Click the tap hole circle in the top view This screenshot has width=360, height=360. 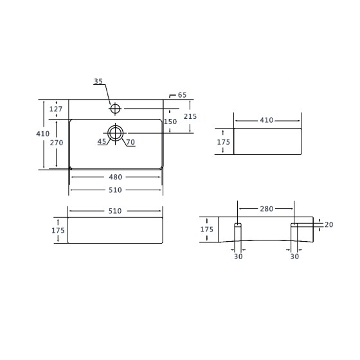coord(115,104)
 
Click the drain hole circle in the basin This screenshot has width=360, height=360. coord(115,126)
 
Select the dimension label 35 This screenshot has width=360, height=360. coord(98,81)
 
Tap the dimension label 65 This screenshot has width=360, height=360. coord(183,95)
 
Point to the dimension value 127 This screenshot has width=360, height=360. coord(56,109)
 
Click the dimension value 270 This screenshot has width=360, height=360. coord(57,143)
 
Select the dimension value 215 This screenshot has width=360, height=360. coord(190,116)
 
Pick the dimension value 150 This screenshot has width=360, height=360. coord(170,122)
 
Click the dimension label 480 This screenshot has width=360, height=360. coord(115,177)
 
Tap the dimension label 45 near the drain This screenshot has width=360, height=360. coord(102,141)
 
